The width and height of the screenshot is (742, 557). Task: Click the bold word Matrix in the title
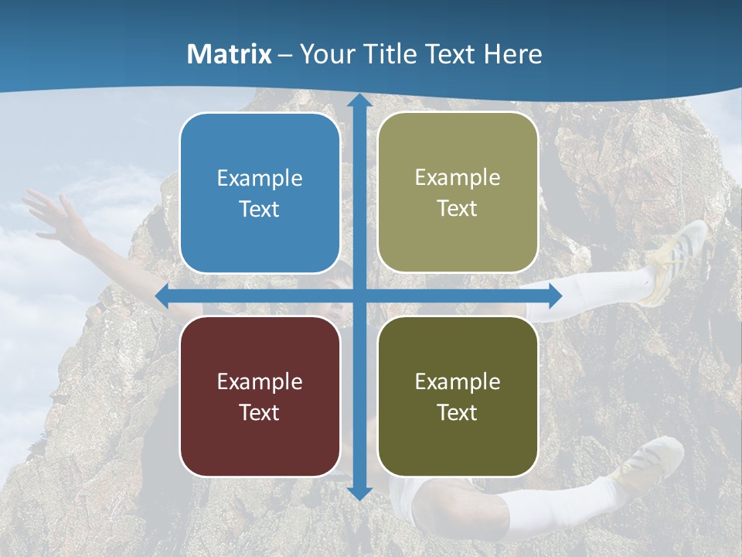click(x=230, y=54)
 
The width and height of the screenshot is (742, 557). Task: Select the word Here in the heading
click(x=512, y=54)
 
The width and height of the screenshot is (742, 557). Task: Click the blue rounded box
click(x=260, y=193)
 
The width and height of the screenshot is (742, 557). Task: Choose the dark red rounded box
click(x=260, y=396)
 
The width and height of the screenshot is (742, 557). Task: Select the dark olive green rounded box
click(x=458, y=396)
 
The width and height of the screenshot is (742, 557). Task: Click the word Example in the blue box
click(x=260, y=179)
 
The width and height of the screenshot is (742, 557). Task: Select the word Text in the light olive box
click(x=458, y=209)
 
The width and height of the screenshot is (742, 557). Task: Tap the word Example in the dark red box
click(x=260, y=381)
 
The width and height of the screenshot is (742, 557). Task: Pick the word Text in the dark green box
click(x=458, y=413)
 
